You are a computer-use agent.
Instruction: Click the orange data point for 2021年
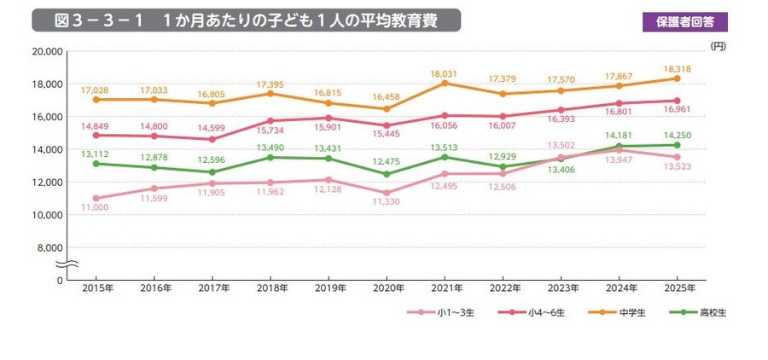[x=445, y=83]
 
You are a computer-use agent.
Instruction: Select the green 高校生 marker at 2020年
[x=387, y=174]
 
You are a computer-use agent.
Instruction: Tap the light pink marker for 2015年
[x=96, y=198]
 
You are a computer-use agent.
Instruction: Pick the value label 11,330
[x=387, y=204]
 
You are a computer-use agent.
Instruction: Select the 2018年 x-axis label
[x=270, y=289]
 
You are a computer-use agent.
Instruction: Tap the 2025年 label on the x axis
[x=677, y=289]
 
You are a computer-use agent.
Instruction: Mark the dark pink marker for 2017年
[x=212, y=139]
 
